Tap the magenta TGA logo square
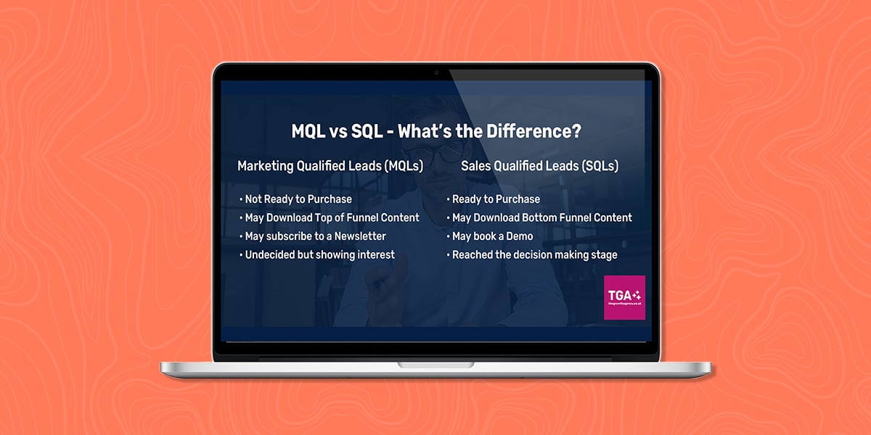coord(624,297)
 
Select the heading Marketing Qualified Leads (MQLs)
coord(330,166)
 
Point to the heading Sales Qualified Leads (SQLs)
coord(540,166)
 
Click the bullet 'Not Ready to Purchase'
coord(295,199)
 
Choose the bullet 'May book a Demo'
coord(490,236)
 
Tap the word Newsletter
coord(360,236)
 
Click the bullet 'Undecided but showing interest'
coord(317,254)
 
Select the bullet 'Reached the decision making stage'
coord(532,254)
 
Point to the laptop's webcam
coord(436,72)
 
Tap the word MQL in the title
coord(308,131)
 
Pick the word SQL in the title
coord(367,131)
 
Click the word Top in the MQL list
coord(324,218)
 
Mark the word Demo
coord(520,236)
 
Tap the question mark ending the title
coord(576,131)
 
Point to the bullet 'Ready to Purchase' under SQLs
coord(493,199)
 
